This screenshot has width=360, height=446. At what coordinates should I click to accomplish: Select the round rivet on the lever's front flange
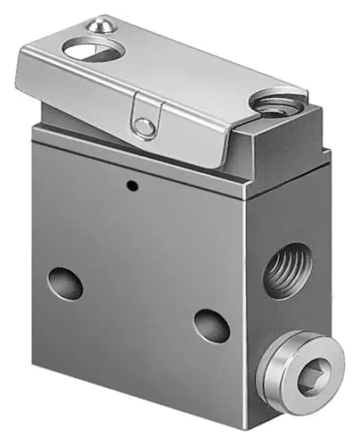143,128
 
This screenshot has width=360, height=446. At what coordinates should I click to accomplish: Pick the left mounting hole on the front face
66,284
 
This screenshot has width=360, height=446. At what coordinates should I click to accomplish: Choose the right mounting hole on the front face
211,325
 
